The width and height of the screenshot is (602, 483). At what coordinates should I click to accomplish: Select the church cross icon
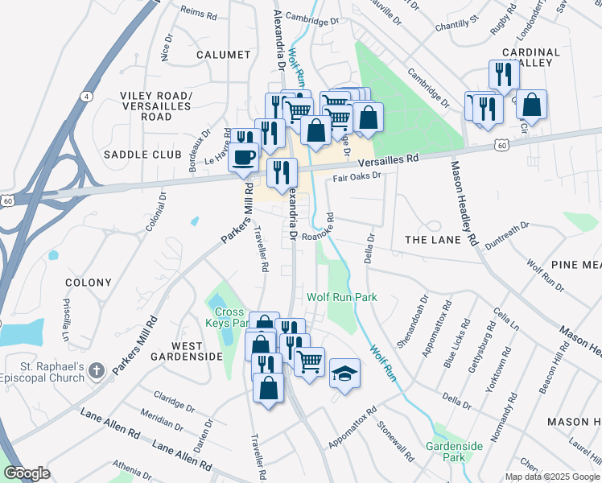(96, 370)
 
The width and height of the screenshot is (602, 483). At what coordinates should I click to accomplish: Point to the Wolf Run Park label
(342, 297)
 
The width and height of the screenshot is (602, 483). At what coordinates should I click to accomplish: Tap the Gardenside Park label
(454, 452)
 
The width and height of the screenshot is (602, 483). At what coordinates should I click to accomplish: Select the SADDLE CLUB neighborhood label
(133, 154)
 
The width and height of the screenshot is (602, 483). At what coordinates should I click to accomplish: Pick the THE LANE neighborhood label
(432, 240)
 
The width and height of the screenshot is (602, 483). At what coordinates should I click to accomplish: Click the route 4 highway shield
(85, 96)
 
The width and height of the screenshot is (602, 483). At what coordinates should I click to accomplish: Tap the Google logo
(27, 473)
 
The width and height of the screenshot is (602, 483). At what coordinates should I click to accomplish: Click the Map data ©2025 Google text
(551, 477)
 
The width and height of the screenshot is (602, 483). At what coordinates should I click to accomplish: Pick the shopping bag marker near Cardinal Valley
(531, 105)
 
